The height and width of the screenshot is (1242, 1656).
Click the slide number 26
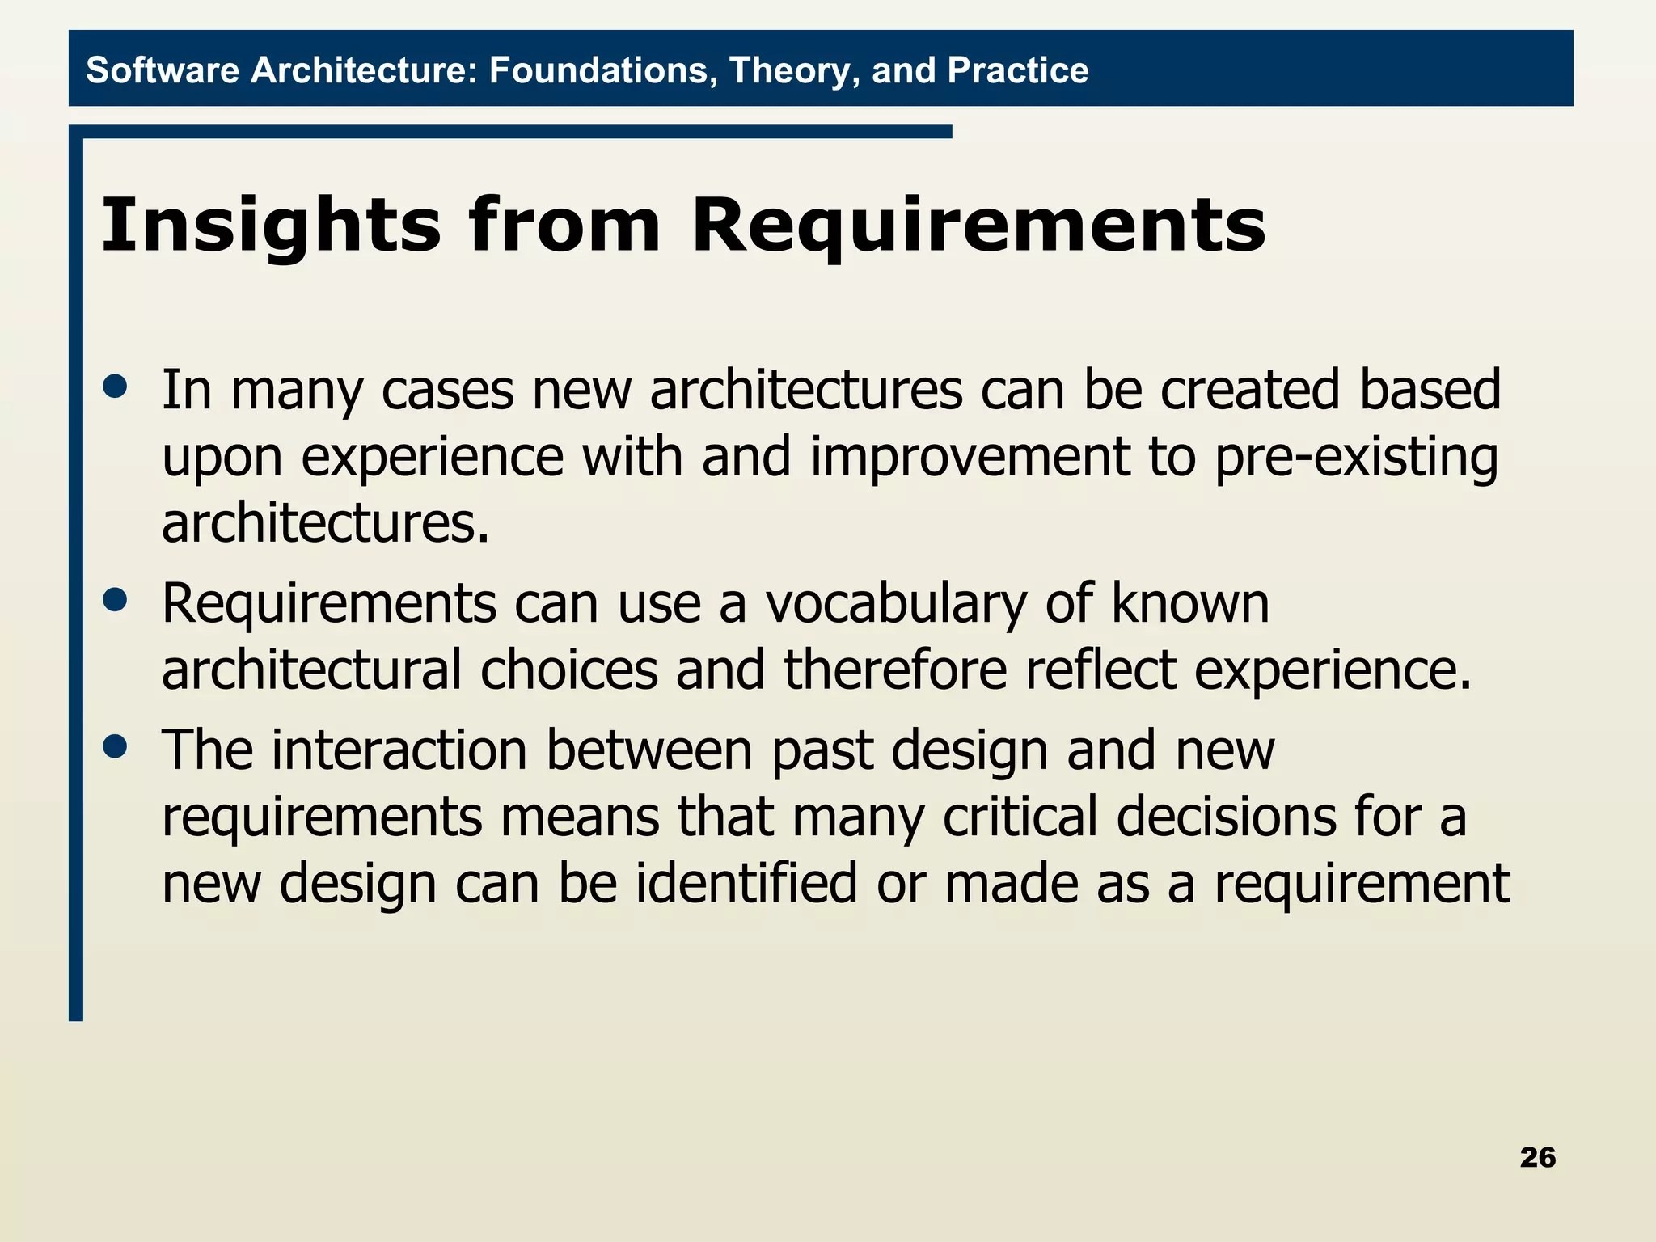tap(1537, 1157)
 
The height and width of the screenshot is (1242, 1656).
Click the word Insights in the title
tap(271, 226)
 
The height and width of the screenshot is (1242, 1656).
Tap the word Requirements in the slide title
tap(978, 226)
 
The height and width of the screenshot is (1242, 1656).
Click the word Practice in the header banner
tap(1018, 70)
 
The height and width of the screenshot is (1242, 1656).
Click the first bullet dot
tap(116, 386)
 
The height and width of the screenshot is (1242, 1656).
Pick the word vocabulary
tap(896, 605)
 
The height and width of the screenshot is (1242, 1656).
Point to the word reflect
tap(1100, 670)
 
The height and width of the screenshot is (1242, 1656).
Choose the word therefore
tap(895, 670)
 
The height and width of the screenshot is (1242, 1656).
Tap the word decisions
tap(1227, 817)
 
